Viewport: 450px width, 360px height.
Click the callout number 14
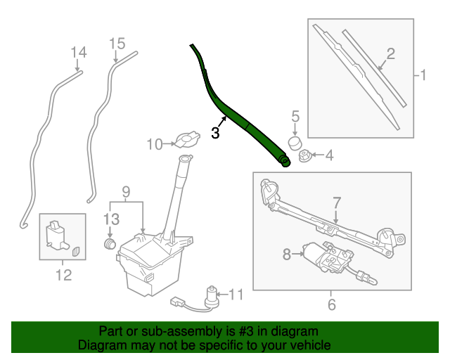coord(79,52)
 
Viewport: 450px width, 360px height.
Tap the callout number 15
coord(117,44)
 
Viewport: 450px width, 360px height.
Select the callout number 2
coord(390,53)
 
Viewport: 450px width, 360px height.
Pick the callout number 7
coord(336,202)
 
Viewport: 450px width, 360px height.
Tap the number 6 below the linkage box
coord(332,304)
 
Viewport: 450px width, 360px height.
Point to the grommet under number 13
coord(110,244)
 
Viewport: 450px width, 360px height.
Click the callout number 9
coord(126,191)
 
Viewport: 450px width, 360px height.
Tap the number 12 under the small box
coord(63,275)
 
